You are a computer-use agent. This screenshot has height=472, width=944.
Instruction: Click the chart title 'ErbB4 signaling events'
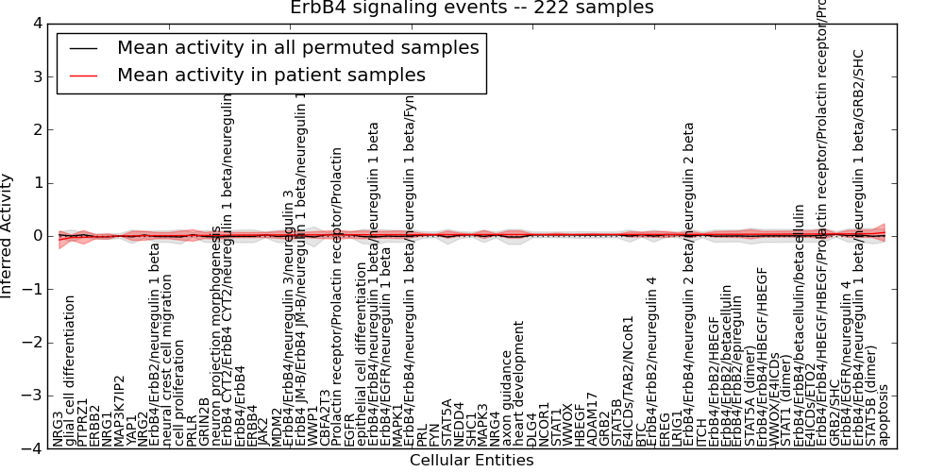point(471,8)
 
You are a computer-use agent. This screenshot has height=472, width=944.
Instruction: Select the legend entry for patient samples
point(271,75)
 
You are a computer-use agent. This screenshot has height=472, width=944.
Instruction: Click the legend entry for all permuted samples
point(297,47)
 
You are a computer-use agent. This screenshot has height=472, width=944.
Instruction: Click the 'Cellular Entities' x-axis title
point(471,461)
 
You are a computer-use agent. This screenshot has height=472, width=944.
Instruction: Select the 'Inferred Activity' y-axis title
point(8,236)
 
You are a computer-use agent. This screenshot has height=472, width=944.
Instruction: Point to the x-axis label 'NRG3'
point(59,429)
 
